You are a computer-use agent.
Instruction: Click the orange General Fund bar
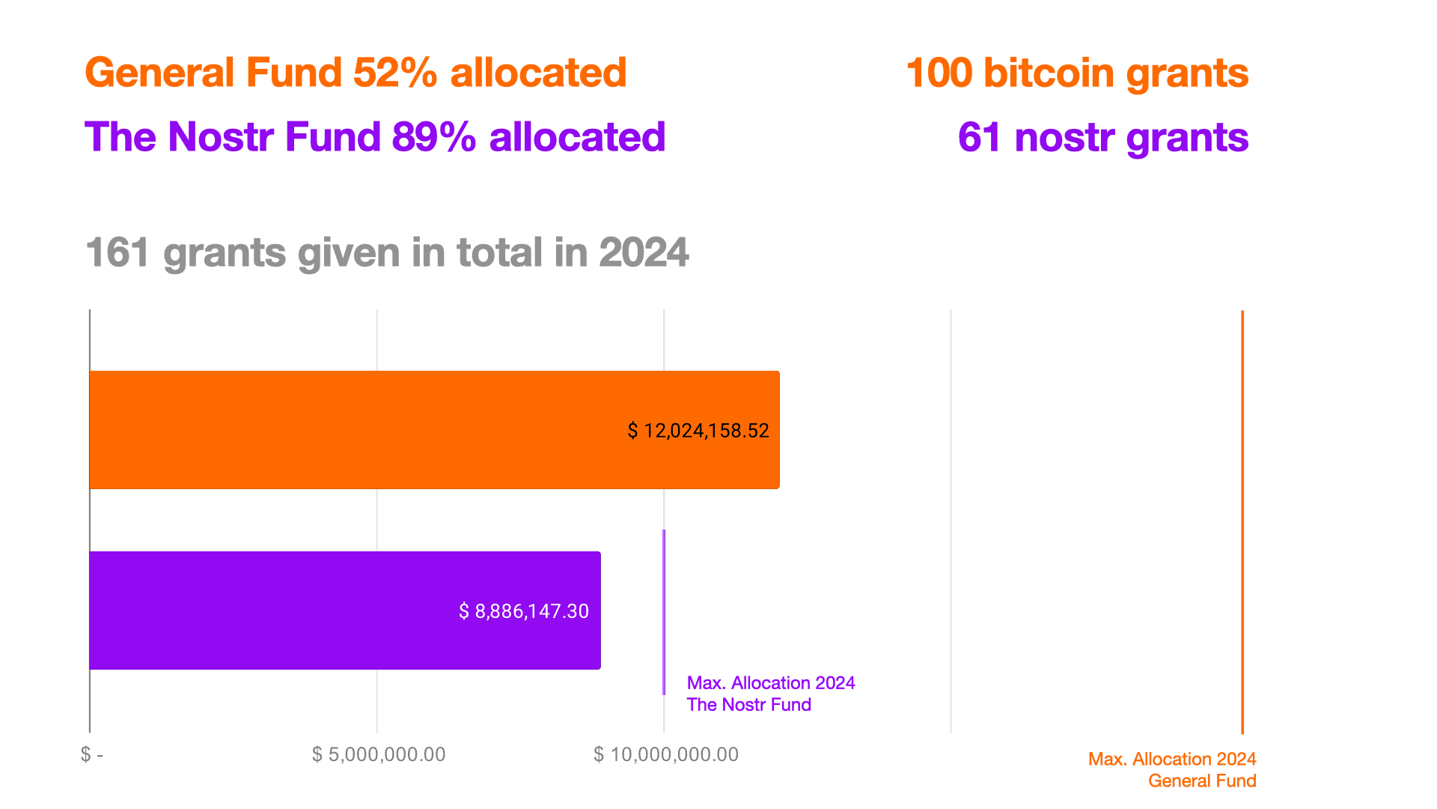(359, 429)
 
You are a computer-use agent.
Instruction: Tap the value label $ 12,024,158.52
(698, 431)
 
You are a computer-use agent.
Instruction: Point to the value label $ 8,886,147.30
(523, 611)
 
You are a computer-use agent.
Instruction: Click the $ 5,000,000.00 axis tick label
(378, 754)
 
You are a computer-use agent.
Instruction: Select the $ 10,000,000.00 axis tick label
(665, 754)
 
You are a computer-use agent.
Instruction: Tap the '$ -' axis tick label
(92, 754)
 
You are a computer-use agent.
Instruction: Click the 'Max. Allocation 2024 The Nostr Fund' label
(770, 694)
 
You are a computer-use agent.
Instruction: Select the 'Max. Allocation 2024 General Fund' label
(1171, 770)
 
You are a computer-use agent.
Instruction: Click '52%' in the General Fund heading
(395, 73)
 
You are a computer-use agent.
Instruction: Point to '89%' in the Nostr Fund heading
(433, 137)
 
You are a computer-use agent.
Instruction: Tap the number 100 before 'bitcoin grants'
(939, 73)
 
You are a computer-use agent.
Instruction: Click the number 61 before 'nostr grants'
(979, 137)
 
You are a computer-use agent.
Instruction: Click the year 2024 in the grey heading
(643, 252)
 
